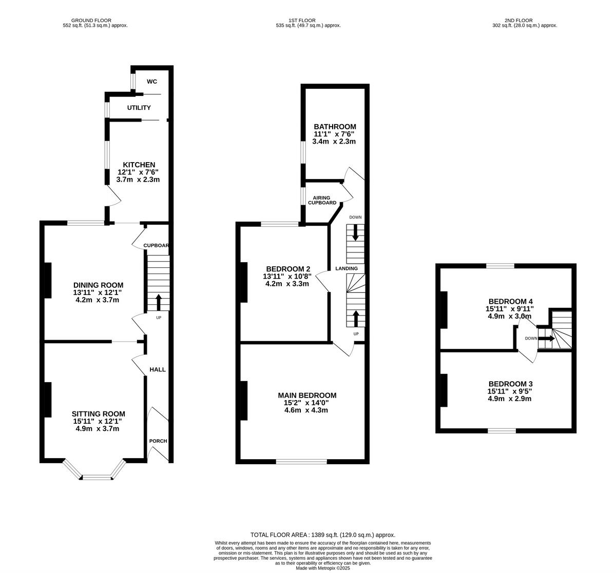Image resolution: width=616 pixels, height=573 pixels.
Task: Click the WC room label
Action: point(152,82)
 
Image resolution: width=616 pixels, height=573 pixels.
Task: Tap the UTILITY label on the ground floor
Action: point(139,108)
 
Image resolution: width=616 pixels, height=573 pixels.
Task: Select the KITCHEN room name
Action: point(139,165)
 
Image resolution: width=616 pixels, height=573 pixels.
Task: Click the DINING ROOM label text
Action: point(98,285)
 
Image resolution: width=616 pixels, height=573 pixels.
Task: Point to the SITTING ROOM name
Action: point(98,414)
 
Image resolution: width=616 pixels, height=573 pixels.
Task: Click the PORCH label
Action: point(158,441)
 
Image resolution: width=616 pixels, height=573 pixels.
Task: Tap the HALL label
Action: point(158,369)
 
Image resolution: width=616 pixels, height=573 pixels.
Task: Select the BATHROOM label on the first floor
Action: point(335,127)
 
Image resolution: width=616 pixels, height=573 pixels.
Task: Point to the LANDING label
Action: point(346,268)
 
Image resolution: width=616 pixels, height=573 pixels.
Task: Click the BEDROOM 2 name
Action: point(288,269)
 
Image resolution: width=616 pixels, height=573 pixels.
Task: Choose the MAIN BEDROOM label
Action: point(307,395)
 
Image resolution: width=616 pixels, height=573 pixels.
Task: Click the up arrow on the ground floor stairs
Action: point(158,302)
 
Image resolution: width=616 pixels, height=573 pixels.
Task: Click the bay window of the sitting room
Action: point(97,477)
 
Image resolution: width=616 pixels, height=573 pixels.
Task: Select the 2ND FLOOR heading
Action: point(521,21)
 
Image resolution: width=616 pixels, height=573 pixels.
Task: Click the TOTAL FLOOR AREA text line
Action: point(323,535)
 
